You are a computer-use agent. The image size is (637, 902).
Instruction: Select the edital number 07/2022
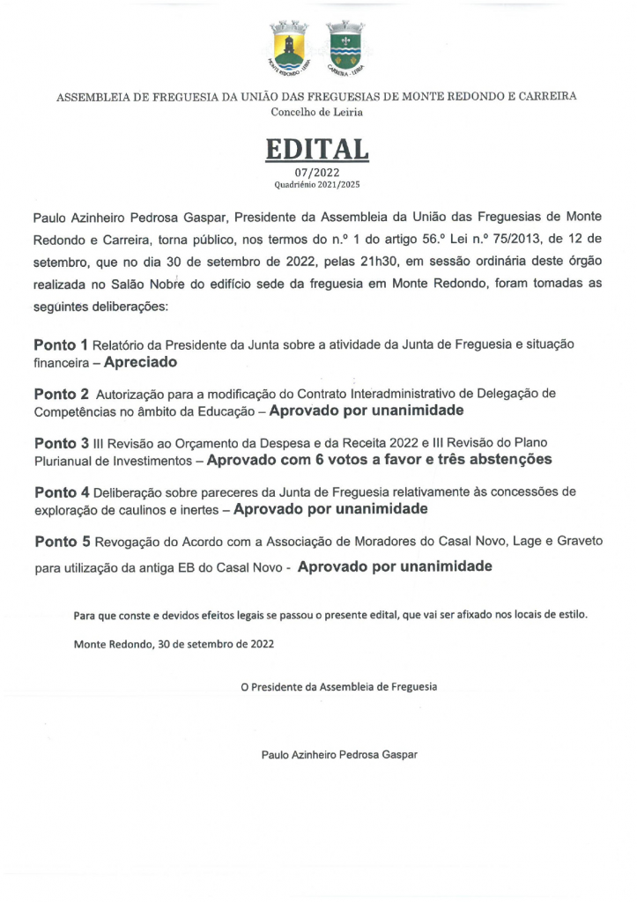tap(317, 173)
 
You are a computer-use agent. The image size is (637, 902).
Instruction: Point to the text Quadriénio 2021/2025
tap(317, 185)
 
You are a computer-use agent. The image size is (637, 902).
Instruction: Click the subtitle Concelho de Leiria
tap(317, 112)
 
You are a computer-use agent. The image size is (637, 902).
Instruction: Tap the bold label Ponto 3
tap(62, 441)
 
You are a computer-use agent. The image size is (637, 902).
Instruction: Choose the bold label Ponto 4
tap(62, 491)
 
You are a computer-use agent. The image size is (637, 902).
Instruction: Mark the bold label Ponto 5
tap(62, 540)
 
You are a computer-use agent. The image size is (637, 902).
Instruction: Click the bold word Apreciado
tap(141, 361)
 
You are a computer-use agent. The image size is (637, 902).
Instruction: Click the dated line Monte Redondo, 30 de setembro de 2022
tap(174, 644)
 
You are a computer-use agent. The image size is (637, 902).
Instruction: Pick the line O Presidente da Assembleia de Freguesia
tap(339, 685)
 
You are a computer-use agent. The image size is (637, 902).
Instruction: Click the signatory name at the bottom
tap(339, 754)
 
